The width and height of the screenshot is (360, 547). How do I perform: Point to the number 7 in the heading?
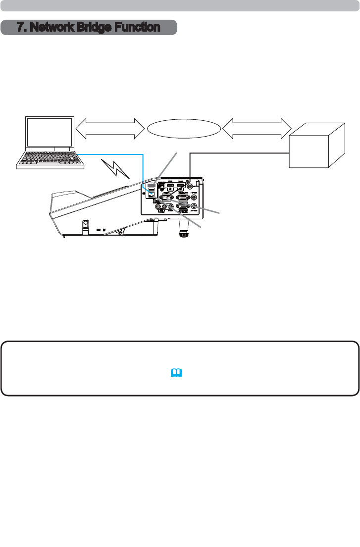(20, 28)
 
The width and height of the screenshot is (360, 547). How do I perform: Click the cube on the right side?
(317, 146)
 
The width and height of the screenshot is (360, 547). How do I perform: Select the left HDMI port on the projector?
(169, 186)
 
